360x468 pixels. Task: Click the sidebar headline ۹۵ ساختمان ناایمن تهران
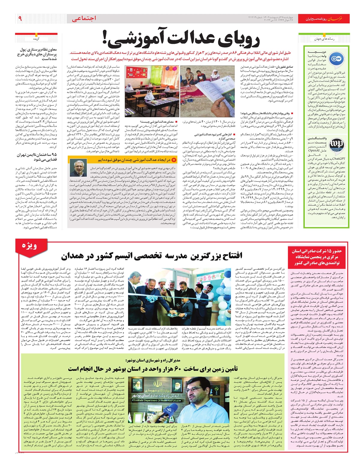[37, 157]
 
